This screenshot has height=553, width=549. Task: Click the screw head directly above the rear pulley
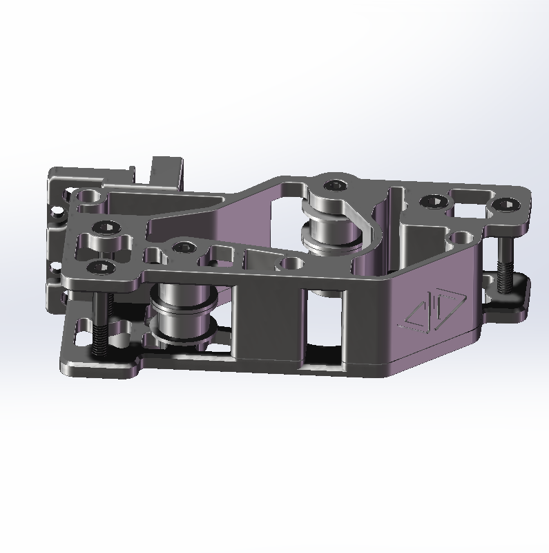336,185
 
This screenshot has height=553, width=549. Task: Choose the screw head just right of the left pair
183,247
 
